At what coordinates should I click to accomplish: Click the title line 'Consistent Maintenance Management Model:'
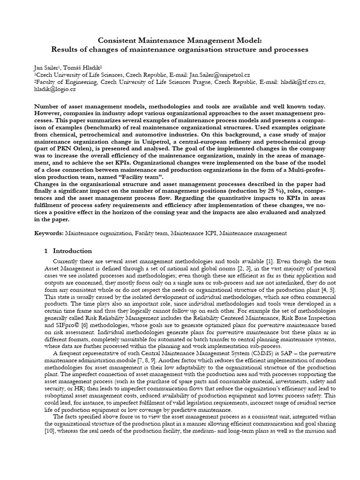point(180,40)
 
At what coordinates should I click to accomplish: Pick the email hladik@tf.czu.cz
point(300,82)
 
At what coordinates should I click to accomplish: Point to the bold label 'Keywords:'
point(49,233)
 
